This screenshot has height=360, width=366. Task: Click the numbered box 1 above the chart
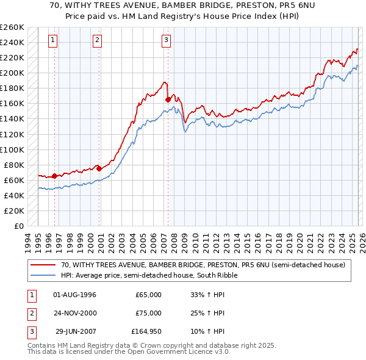pos(54,41)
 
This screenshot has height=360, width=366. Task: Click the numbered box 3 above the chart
pos(166,41)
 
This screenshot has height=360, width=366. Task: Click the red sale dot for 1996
pos(54,176)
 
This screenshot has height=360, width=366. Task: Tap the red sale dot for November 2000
pos(99,168)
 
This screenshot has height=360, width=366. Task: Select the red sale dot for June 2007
pos(168,99)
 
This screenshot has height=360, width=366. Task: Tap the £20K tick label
pos(14,211)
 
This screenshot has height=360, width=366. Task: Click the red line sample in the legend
pos(44,265)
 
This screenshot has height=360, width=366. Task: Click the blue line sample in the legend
pos(44,275)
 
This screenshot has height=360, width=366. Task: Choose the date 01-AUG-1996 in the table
pos(75,295)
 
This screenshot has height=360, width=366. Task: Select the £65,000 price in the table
pos(148,295)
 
